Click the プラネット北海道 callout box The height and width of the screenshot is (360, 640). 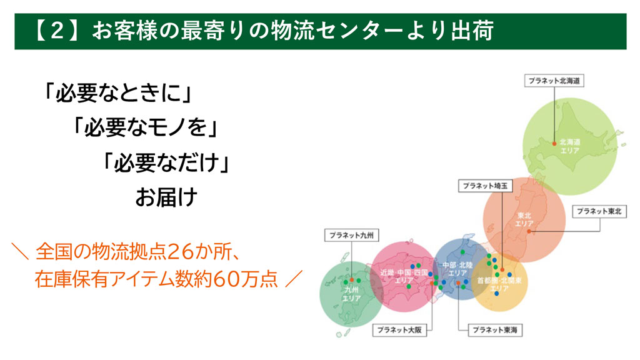tap(554, 81)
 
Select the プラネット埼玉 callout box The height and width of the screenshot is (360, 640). tap(485, 186)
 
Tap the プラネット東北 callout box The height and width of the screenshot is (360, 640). tap(599, 211)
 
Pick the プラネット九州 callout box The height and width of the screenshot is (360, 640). tap(351, 235)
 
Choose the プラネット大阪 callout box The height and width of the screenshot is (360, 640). tap(399, 330)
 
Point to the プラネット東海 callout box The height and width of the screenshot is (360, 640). tap(495, 330)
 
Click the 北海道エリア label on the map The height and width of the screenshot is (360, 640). tap(569, 146)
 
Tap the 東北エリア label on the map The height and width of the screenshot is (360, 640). tap(524, 219)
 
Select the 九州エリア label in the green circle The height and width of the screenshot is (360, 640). tap(351, 294)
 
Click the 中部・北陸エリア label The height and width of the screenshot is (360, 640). tap(457, 269)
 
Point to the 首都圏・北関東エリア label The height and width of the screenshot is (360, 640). tap(499, 284)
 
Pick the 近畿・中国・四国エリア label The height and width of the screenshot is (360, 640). tap(404, 276)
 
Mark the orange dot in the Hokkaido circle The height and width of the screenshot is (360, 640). tap(554, 144)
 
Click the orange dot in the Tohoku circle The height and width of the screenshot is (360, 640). tap(529, 231)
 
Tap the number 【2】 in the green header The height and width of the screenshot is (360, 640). tap(57, 31)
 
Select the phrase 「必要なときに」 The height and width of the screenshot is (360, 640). tap(118, 93)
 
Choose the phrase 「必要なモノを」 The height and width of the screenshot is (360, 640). tap(146, 127)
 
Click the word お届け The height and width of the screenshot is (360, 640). tap(166, 197)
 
